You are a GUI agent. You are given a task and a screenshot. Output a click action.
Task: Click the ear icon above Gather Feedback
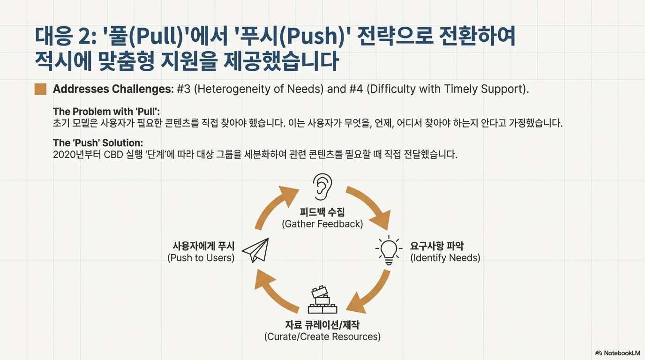(x=322, y=185)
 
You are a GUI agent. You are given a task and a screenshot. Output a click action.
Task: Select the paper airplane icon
(x=256, y=250)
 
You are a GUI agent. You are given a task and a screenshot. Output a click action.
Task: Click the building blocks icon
(x=322, y=300)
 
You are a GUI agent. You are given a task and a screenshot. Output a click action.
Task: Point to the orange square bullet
(x=40, y=89)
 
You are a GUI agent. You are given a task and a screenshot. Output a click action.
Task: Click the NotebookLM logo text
(x=617, y=352)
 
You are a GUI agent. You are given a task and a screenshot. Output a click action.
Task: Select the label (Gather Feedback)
(x=322, y=224)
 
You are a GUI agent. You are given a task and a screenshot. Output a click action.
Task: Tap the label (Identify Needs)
(x=445, y=258)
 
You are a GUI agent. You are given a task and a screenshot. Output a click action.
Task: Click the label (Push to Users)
(x=201, y=258)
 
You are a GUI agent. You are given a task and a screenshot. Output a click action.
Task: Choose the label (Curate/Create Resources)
(x=322, y=337)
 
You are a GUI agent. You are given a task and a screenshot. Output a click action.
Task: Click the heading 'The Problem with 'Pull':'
(x=106, y=112)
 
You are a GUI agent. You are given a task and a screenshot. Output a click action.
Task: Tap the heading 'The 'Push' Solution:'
(x=98, y=142)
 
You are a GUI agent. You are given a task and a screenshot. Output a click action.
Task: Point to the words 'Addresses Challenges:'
(x=113, y=89)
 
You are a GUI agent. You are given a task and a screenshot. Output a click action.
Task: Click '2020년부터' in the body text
(x=73, y=154)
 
